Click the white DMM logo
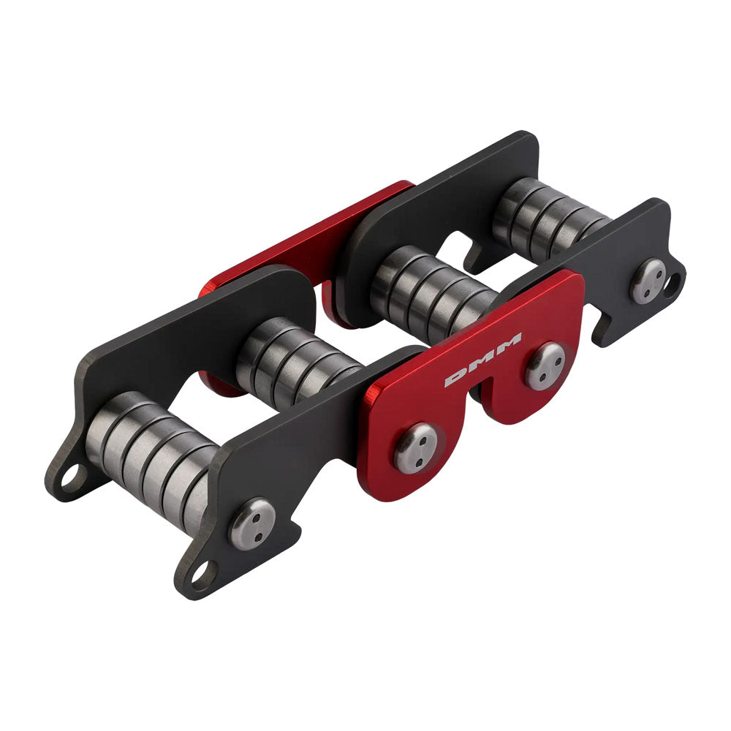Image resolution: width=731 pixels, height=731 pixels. [483, 359]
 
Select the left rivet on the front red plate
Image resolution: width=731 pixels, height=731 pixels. [416, 447]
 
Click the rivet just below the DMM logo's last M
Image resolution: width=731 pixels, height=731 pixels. [545, 366]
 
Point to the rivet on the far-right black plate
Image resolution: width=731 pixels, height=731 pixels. [648, 281]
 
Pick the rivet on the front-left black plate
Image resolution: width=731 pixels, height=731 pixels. [252, 523]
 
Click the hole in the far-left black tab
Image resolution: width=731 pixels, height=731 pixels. [71, 479]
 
